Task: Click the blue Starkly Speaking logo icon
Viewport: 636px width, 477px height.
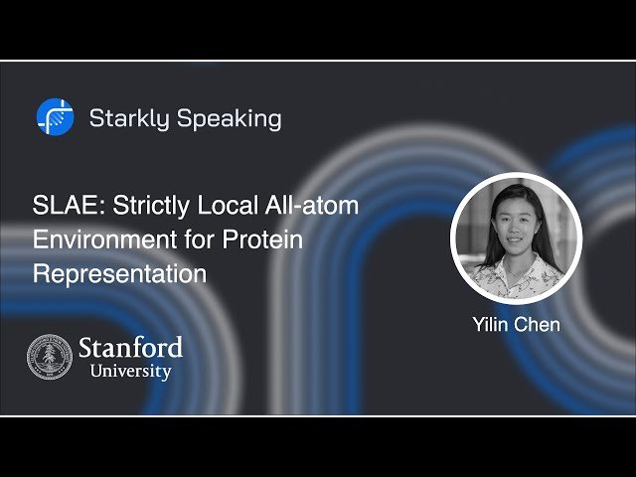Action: pyautogui.click(x=55, y=117)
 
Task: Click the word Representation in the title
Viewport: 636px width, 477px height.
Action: pyautogui.click(x=119, y=273)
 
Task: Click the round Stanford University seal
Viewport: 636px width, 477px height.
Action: pyautogui.click(x=49, y=357)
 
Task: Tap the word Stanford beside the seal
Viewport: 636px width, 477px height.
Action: pyautogui.click(x=130, y=348)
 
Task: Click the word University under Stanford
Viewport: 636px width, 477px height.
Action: pyautogui.click(x=130, y=372)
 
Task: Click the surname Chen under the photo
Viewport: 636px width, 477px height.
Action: pyautogui.click(x=539, y=324)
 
